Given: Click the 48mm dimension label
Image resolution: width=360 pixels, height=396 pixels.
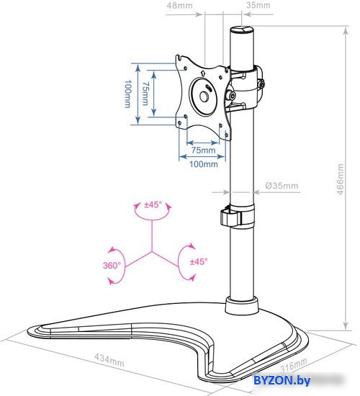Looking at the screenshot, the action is [179, 5].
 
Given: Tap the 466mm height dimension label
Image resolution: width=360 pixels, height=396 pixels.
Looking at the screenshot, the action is [341, 179].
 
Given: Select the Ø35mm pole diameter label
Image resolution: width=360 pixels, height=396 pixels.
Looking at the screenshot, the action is [282, 186].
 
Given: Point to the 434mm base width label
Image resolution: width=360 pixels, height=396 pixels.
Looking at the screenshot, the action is [109, 360].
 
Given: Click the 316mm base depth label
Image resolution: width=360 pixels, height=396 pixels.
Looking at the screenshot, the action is [294, 365].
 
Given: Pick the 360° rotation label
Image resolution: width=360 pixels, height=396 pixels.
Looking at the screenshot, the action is [112, 266].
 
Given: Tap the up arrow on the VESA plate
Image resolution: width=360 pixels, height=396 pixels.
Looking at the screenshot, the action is [202, 73].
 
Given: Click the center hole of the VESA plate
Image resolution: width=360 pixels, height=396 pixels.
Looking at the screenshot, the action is [204, 96].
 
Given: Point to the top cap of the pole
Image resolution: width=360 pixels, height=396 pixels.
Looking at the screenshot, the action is [241, 30].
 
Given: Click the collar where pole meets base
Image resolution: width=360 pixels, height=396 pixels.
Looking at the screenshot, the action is [242, 305].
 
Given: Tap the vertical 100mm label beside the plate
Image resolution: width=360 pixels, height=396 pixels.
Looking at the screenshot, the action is [128, 94].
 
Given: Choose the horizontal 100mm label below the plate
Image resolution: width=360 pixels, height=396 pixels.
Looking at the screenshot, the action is [204, 164].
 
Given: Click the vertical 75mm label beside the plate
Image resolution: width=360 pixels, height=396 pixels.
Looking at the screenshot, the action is [145, 94].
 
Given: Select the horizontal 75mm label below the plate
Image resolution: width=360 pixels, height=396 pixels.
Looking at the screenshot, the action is [203, 150].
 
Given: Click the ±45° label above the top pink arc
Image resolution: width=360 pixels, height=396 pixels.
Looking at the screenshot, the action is [153, 204].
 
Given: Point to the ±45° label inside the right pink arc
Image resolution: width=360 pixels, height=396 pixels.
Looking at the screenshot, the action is [199, 261].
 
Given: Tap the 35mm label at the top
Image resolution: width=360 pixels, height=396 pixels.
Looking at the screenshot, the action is [258, 5].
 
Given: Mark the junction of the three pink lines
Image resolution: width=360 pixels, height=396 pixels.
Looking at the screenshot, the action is [152, 251].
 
